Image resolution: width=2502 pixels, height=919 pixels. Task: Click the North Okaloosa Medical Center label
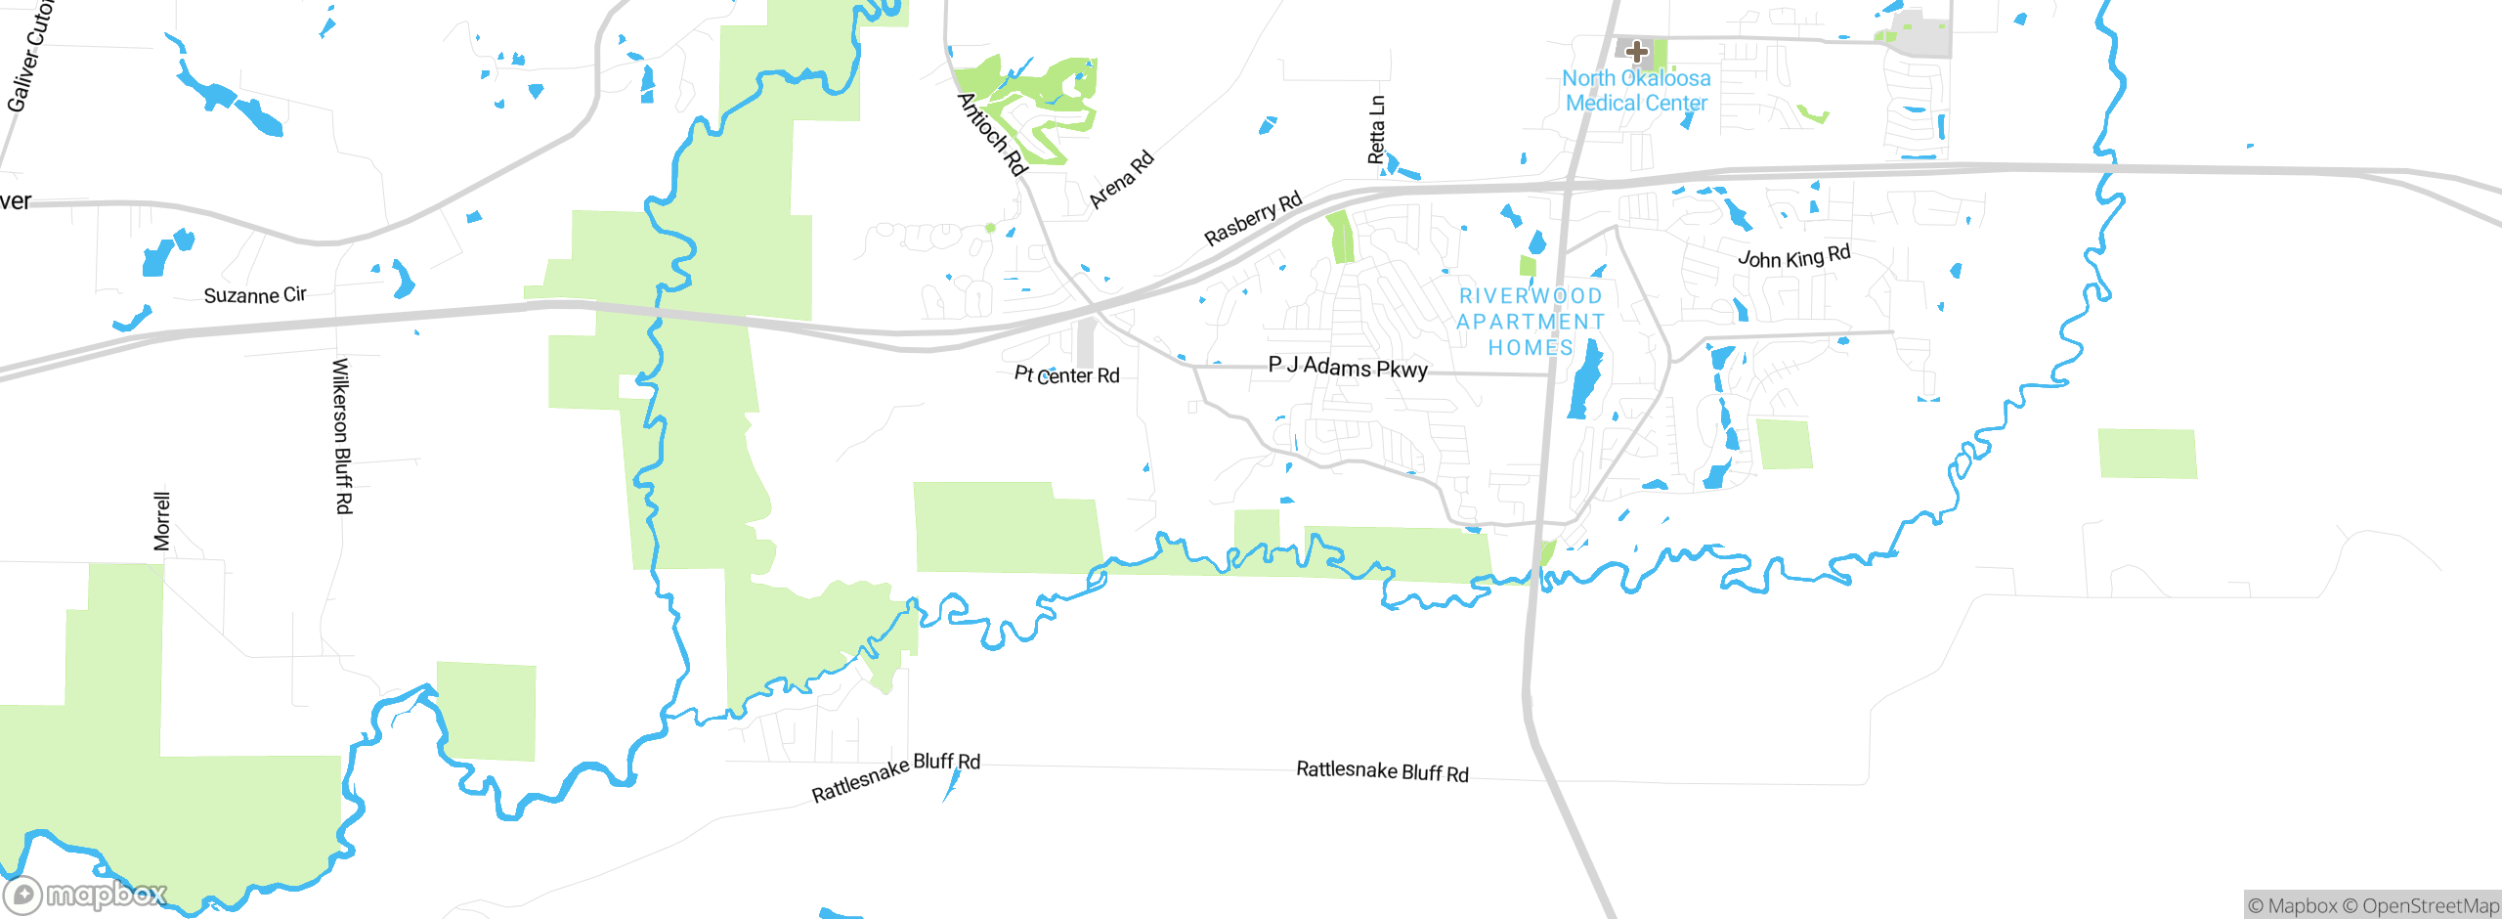tap(1636, 91)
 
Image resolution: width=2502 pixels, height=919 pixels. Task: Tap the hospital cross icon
tap(1637, 51)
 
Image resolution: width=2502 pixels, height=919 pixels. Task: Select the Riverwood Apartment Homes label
tap(1531, 322)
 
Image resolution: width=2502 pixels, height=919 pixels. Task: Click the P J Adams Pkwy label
tap(1348, 368)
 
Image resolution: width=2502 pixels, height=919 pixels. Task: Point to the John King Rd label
tap(1793, 257)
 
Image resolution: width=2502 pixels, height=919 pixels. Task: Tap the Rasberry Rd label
tap(1253, 219)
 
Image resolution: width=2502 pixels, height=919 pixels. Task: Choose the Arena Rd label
tap(1122, 180)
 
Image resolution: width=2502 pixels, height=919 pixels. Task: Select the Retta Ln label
tap(1376, 129)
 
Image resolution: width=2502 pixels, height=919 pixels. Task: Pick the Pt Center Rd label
tap(1066, 375)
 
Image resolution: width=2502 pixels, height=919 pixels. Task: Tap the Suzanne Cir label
tap(255, 295)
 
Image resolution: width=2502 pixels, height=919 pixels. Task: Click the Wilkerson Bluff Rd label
tap(342, 435)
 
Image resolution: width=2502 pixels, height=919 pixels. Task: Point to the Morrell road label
tap(162, 521)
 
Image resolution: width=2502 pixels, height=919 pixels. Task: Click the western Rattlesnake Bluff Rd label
tap(895, 777)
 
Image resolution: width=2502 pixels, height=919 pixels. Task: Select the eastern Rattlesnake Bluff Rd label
tap(1382, 771)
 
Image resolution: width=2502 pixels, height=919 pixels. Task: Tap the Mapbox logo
tap(85, 894)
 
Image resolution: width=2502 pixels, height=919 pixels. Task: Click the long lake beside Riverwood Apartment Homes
tap(1584, 380)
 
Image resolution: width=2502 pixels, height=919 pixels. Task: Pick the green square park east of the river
tap(2147, 454)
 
